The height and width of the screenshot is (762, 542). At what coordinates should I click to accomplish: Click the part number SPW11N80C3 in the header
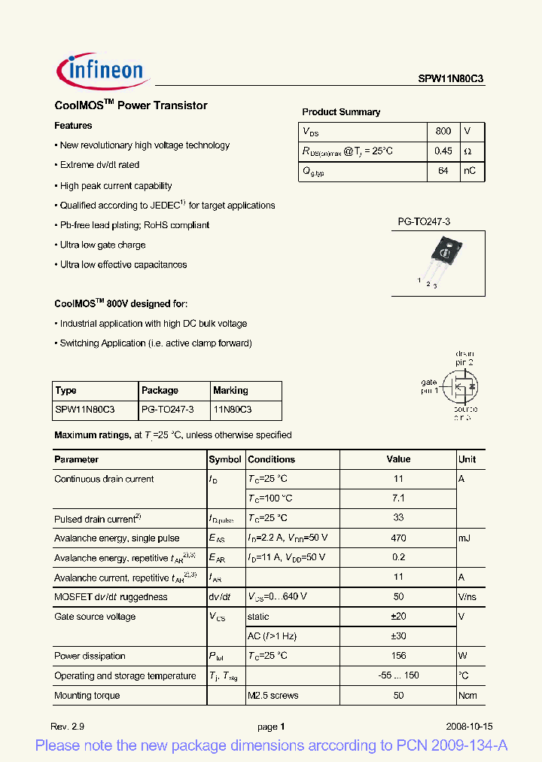click(x=451, y=77)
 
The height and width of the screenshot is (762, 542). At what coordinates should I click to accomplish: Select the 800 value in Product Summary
click(x=443, y=131)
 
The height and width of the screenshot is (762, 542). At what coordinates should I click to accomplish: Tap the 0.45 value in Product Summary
click(x=443, y=151)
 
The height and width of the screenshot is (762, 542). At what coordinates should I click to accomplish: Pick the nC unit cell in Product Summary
click(x=470, y=171)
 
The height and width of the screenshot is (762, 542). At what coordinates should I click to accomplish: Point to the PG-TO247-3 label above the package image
click(x=424, y=222)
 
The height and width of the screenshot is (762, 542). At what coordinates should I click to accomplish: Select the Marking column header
click(x=230, y=391)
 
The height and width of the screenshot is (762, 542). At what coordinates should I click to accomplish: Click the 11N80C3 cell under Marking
click(x=233, y=410)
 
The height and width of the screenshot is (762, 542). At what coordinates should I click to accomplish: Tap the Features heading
click(x=73, y=126)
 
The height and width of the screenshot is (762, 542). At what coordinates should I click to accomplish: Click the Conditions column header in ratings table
click(x=271, y=459)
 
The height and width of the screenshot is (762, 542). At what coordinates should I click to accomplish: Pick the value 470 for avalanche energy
click(x=398, y=538)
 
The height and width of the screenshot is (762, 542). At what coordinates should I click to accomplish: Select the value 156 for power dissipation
click(x=398, y=656)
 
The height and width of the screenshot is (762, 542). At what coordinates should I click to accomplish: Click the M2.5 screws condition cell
click(x=273, y=695)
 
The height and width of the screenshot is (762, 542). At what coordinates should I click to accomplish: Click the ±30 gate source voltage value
click(x=398, y=636)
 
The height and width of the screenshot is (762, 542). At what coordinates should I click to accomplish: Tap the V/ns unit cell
click(x=467, y=597)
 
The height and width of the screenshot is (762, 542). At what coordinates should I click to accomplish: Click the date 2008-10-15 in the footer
click(x=469, y=727)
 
